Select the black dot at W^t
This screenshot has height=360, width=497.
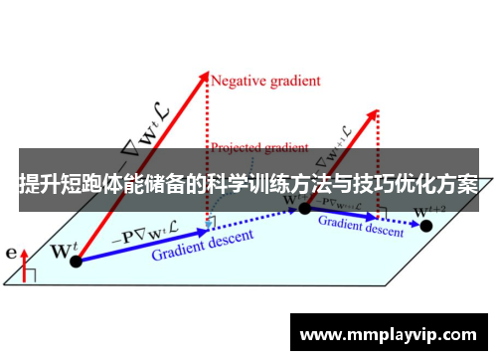pyautogui.click(x=75, y=260)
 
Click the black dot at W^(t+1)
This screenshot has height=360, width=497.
pyautogui.click(x=305, y=207)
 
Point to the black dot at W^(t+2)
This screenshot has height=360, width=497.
pyautogui.click(x=426, y=226)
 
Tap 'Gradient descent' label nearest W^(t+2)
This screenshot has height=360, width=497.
pyautogui.click(x=361, y=225)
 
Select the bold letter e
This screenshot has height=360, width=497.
pyautogui.click(x=11, y=254)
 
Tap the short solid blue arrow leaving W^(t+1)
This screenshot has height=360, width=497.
pyautogui.click(x=343, y=213)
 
